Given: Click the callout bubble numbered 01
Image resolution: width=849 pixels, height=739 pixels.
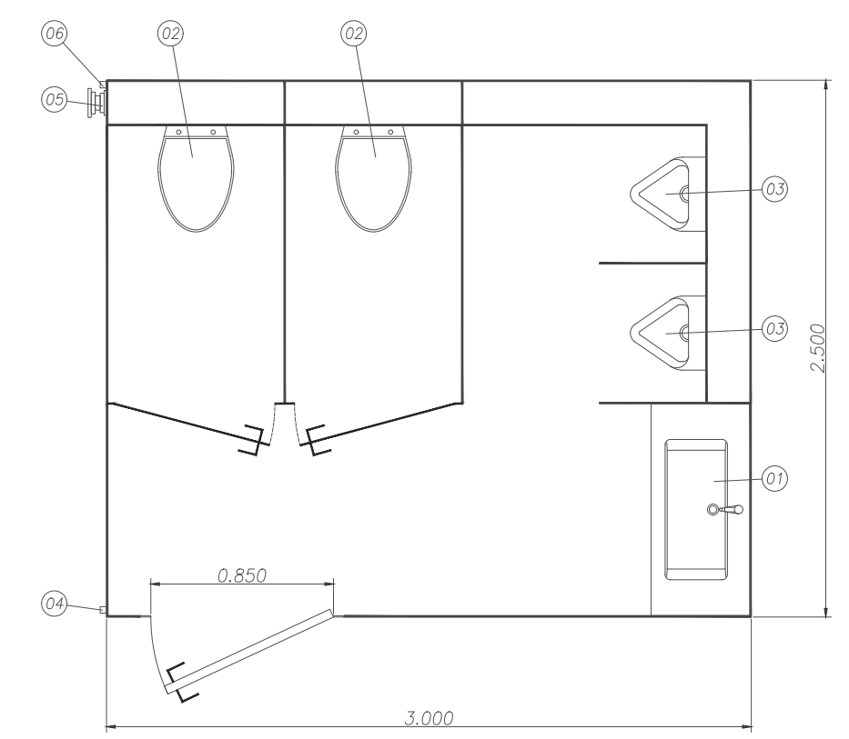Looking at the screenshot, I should [x=773, y=476].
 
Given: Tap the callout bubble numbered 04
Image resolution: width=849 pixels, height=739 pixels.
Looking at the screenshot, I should [x=54, y=602].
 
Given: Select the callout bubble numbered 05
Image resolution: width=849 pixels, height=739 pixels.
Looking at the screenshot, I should [x=54, y=100].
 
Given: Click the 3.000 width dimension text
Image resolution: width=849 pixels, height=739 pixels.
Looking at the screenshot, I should [x=429, y=717].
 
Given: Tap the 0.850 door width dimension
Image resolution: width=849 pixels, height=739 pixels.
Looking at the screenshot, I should [x=241, y=574].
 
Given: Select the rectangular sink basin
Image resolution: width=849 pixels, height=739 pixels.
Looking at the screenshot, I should [x=696, y=509].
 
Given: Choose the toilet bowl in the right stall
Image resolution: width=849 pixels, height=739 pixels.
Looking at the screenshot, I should [x=373, y=177].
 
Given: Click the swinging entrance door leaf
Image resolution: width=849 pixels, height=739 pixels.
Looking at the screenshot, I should [x=250, y=652].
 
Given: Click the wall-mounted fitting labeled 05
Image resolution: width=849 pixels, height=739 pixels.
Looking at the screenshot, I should [x=95, y=100].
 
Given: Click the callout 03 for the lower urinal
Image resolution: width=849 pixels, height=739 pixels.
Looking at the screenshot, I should [x=773, y=328].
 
